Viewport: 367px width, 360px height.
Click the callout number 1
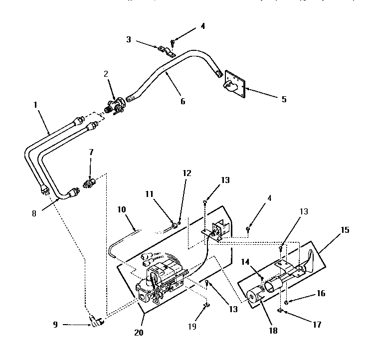click(35, 105)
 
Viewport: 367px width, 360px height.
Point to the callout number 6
click(183, 101)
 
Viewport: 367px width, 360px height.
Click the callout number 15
click(345, 230)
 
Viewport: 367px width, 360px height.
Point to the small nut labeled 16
click(286, 302)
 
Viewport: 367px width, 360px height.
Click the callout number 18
click(272, 330)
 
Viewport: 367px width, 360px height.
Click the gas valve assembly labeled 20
click(160, 282)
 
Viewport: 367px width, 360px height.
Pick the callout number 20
click(138, 332)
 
